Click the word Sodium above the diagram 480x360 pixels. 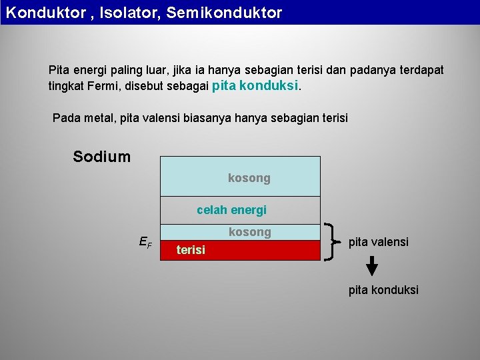101,157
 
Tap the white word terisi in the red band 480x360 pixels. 191,250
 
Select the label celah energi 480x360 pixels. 231,210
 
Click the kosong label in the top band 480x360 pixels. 249,178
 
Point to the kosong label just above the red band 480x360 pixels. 249,232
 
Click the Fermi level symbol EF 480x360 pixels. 145,243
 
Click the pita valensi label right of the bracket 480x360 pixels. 378,242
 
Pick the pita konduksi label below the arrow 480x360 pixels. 383,290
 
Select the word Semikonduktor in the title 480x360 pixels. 224,13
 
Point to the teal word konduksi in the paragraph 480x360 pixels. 270,86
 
